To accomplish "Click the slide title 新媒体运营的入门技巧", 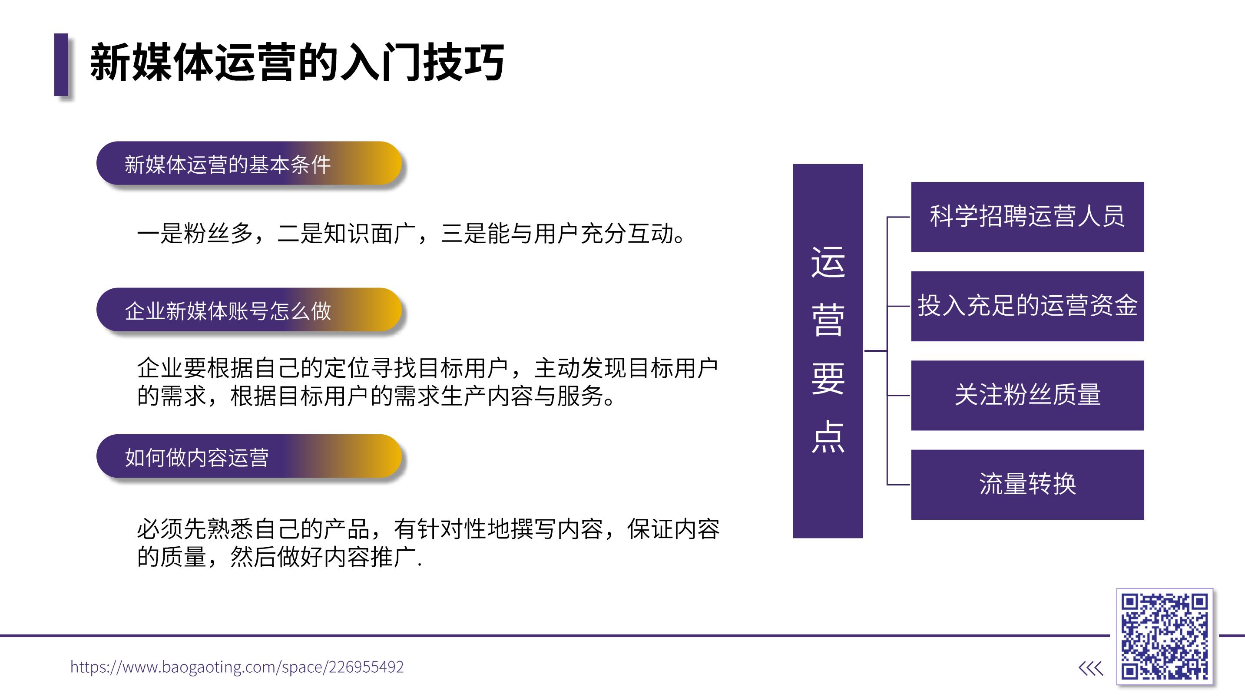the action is pyautogui.click(x=297, y=63).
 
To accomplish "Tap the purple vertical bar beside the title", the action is pyautogui.click(x=61, y=64).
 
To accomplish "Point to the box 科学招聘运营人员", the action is pyautogui.click(x=1027, y=217).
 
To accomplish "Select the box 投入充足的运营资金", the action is pyautogui.click(x=1027, y=306).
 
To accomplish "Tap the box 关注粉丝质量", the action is pyautogui.click(x=1027, y=395).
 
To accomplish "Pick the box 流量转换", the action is pyautogui.click(x=1027, y=485).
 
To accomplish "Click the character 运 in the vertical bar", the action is pyautogui.click(x=828, y=262).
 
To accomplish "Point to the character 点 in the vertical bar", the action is pyautogui.click(x=828, y=436).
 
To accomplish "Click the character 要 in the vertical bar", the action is pyautogui.click(x=828, y=378).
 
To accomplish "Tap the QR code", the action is pyautogui.click(x=1165, y=637).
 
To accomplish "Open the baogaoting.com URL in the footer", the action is pyautogui.click(x=237, y=667).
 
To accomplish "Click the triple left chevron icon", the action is pyautogui.click(x=1091, y=669).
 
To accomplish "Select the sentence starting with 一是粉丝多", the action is pyautogui.click(x=411, y=234).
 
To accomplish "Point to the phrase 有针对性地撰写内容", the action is pyautogui.click(x=498, y=529).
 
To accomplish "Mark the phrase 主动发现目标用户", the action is pyautogui.click(x=626, y=368).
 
